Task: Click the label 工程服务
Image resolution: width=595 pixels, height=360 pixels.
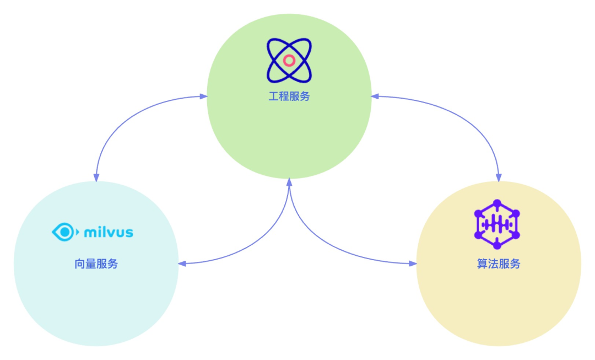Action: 289,96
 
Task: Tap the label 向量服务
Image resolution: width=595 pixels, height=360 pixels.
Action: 96,264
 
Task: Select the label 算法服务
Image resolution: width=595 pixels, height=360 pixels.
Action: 499,264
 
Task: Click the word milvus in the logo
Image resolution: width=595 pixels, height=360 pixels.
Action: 109,232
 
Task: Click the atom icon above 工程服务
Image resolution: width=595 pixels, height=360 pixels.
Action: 289,60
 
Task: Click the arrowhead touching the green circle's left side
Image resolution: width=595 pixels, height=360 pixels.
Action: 204,96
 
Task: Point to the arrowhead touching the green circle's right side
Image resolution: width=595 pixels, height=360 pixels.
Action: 375,96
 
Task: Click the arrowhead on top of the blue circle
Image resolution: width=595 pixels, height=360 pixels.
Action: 96,178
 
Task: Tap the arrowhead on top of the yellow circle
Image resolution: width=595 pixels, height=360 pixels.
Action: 499,178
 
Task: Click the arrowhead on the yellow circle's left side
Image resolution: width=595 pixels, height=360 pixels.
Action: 413,264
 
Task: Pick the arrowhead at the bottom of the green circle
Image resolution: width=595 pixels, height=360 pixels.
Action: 289,182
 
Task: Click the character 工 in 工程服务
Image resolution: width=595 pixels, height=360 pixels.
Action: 273,96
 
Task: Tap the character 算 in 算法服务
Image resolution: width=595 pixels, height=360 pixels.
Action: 483,264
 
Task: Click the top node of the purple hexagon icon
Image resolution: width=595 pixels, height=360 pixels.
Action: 497,203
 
